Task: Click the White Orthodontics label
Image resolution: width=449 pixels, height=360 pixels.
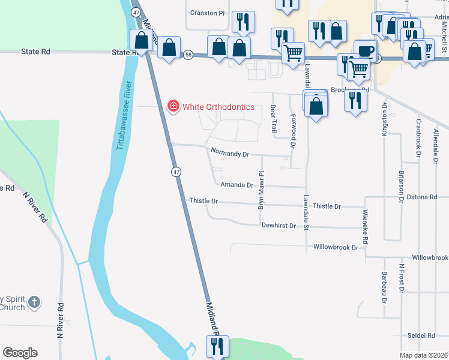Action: (218, 107)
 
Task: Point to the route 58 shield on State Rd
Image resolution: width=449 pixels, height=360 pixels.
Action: (188, 55)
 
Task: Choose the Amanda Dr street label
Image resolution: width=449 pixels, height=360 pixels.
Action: (237, 185)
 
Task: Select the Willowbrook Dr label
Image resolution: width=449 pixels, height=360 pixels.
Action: (336, 247)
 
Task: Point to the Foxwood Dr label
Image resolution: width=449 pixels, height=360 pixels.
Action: (293, 130)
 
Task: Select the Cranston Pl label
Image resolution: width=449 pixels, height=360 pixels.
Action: (206, 13)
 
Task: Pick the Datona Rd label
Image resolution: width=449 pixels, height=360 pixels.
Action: (420, 197)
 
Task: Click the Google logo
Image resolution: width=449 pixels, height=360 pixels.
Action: (20, 353)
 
